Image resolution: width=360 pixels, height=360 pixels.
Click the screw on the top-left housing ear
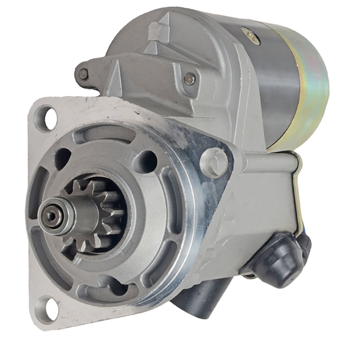84,75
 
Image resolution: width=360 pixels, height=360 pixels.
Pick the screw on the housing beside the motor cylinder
190,78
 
